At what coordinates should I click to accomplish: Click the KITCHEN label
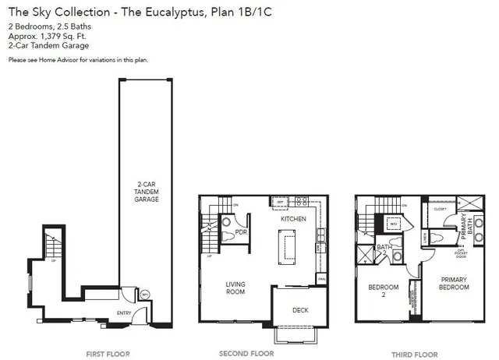[x=293, y=219]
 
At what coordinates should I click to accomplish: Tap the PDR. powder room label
[x=242, y=231]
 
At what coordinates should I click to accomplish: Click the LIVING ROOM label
[x=235, y=288]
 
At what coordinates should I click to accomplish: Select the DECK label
[x=300, y=310]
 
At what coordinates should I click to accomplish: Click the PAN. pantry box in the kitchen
[x=320, y=278]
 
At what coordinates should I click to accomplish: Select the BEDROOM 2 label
[x=384, y=291]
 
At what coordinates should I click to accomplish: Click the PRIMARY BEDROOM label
[x=454, y=283]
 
